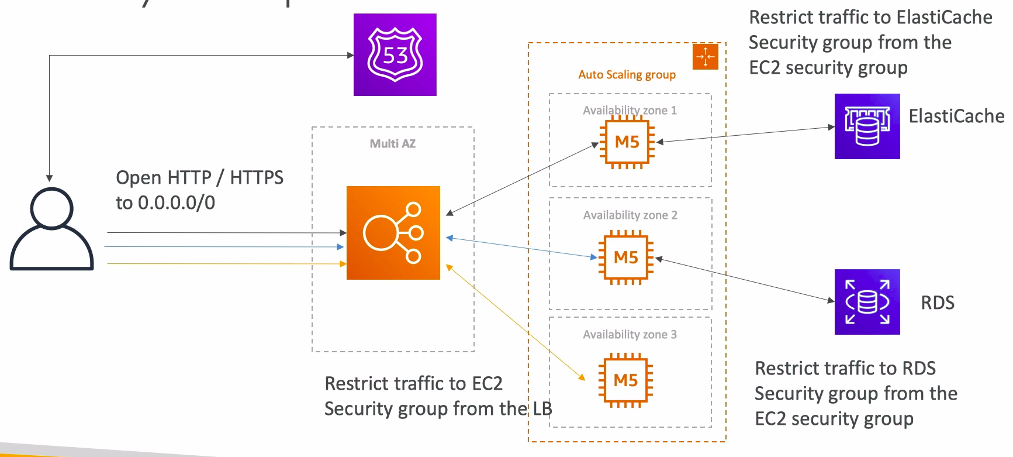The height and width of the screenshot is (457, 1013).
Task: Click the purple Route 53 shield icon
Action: (x=395, y=54)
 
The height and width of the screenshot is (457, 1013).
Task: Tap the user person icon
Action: (x=51, y=229)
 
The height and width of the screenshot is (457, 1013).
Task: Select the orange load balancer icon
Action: (x=393, y=233)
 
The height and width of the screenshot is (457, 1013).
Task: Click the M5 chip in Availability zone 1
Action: (x=627, y=142)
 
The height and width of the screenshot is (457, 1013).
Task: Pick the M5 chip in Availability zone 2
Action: (x=626, y=257)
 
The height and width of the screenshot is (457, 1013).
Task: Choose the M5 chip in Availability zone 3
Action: (x=625, y=380)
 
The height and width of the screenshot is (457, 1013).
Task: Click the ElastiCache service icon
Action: (x=867, y=126)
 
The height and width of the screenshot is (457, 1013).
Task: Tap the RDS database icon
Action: (x=867, y=302)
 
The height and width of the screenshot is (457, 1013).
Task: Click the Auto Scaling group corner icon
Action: (x=705, y=57)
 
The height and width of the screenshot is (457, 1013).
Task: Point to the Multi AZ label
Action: (x=393, y=144)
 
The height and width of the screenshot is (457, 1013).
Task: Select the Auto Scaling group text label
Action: (x=627, y=75)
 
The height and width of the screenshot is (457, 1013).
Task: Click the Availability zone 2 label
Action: (x=630, y=215)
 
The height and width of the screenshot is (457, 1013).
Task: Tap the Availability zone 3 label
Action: (x=630, y=335)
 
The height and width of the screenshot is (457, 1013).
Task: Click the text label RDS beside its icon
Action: (x=938, y=303)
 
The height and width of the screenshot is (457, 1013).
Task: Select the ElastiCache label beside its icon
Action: (x=956, y=116)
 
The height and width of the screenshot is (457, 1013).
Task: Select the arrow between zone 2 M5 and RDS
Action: (x=745, y=279)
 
